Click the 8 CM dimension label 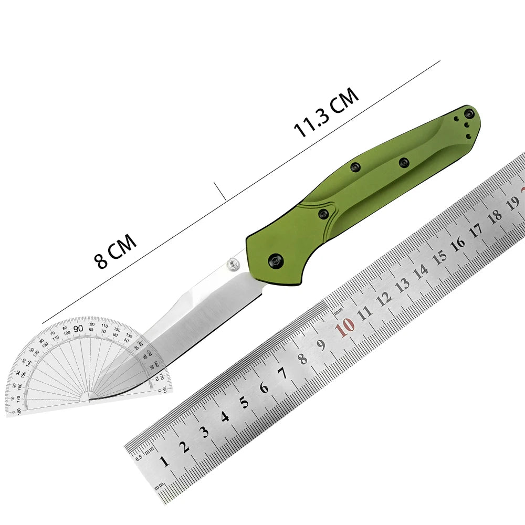[x=116, y=251]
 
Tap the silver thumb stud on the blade [x=233, y=265]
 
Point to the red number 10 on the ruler [x=345, y=328]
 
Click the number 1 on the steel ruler [x=164, y=461]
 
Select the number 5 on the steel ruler [x=244, y=403]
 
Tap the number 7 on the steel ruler [x=282, y=374]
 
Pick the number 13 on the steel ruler [x=402, y=285]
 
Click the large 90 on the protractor [x=79, y=329]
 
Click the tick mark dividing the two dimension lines [x=220, y=191]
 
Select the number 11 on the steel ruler [x=364, y=312]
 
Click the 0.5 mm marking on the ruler [x=139, y=457]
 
